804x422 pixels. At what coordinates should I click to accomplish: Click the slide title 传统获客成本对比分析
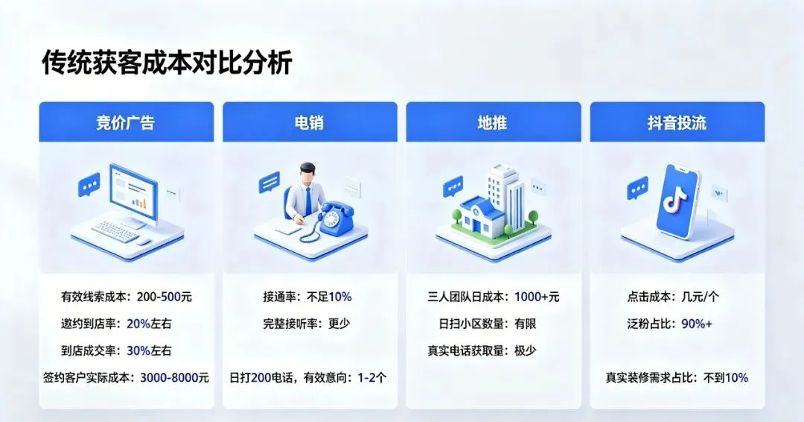coord(167,63)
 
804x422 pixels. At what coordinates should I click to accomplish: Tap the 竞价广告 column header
coord(126,123)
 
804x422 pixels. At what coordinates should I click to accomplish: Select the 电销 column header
coord(309,123)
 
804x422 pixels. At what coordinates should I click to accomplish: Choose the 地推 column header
coord(493,123)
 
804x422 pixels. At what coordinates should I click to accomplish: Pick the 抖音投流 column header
coord(677,123)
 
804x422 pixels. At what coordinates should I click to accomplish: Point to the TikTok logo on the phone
coord(674,198)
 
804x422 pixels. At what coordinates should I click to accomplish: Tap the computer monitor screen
coord(133,192)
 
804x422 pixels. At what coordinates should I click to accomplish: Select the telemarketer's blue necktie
coord(309,201)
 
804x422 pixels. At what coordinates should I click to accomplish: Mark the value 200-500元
coord(164,297)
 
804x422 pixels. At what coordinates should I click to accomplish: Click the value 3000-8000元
coord(174,378)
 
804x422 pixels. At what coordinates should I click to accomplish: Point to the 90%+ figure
coord(697,324)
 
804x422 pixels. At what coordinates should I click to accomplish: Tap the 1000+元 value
coord(537,297)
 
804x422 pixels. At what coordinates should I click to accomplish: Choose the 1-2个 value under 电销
coord(372,378)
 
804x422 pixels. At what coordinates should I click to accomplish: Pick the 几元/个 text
coord(700,297)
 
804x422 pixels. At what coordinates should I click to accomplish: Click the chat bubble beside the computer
coord(89,184)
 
